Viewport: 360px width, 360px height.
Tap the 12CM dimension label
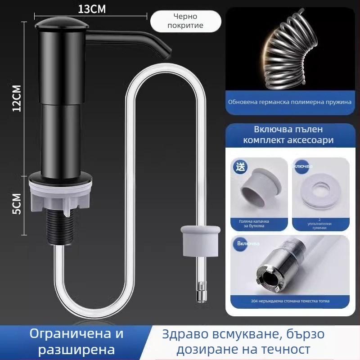17,99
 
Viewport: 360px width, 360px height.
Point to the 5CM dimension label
16,204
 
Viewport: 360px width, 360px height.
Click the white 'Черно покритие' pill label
185,21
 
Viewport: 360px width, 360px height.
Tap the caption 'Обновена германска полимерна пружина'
289,102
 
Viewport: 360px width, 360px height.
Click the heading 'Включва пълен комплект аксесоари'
288,135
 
